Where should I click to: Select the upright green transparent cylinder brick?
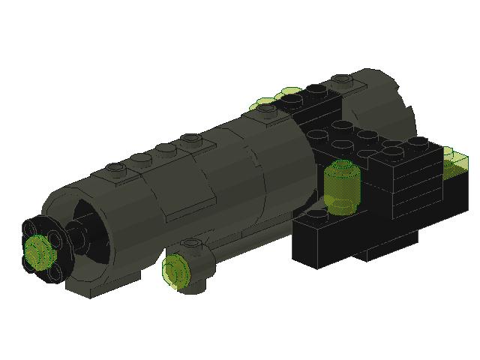click(x=343, y=186)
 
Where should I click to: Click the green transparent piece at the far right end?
click(x=454, y=160)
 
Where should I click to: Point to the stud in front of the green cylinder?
click(x=316, y=215)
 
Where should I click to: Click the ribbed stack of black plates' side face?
click(x=416, y=184)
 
